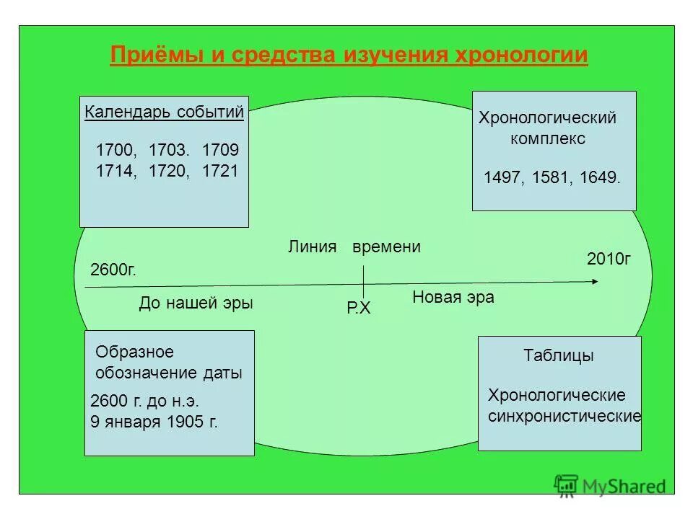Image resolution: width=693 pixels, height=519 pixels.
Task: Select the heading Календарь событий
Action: pos(164,112)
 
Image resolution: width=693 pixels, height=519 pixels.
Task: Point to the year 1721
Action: pos(219,172)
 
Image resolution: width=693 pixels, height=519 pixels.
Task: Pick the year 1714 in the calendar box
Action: pos(115,172)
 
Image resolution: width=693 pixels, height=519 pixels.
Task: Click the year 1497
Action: pos(502,178)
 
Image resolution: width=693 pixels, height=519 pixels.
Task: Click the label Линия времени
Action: pos(354,247)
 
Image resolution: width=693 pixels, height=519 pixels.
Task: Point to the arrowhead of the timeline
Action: pos(595,281)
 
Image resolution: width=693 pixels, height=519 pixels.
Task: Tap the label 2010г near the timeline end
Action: pos(609,258)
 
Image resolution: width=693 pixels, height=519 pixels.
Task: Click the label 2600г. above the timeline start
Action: pos(113,270)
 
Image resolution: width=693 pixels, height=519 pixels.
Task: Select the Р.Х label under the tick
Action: pos(358,309)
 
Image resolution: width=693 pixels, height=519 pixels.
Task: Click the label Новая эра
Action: pos(453,297)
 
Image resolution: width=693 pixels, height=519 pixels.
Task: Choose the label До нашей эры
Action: pos(196,303)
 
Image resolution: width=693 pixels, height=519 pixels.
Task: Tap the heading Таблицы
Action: pos(558,355)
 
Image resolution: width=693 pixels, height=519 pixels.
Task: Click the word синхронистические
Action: pos(565,417)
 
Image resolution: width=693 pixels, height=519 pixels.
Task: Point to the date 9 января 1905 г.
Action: pos(154,422)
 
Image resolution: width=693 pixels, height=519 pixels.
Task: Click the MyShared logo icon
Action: pos(567,486)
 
